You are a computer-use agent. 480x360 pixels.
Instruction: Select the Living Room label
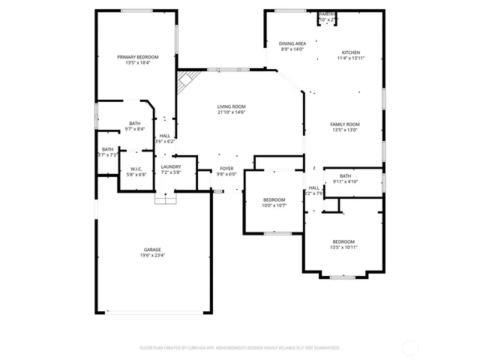(231, 106)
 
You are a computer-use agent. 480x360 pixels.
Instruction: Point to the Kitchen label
(351, 52)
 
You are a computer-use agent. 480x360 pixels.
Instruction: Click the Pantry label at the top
(327, 14)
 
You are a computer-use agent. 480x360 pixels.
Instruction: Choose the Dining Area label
(292, 44)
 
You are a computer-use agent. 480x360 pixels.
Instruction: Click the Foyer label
(226, 168)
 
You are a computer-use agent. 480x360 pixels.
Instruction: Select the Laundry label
(170, 166)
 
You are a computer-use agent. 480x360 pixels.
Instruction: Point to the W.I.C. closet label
(136, 169)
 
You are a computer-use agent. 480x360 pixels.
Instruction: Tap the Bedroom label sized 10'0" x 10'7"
(273, 199)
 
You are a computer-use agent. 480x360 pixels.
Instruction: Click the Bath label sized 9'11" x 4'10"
(345, 175)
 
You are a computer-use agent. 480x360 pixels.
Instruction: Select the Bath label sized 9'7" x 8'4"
(134, 123)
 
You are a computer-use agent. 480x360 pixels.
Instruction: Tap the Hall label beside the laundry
(164, 136)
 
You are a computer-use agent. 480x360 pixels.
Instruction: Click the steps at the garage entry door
(164, 199)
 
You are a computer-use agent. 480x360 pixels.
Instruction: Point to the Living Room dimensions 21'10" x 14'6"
(231, 112)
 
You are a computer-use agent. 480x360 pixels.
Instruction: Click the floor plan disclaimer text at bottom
(240, 348)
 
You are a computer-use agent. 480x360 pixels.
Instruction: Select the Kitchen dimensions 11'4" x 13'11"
(351, 58)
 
